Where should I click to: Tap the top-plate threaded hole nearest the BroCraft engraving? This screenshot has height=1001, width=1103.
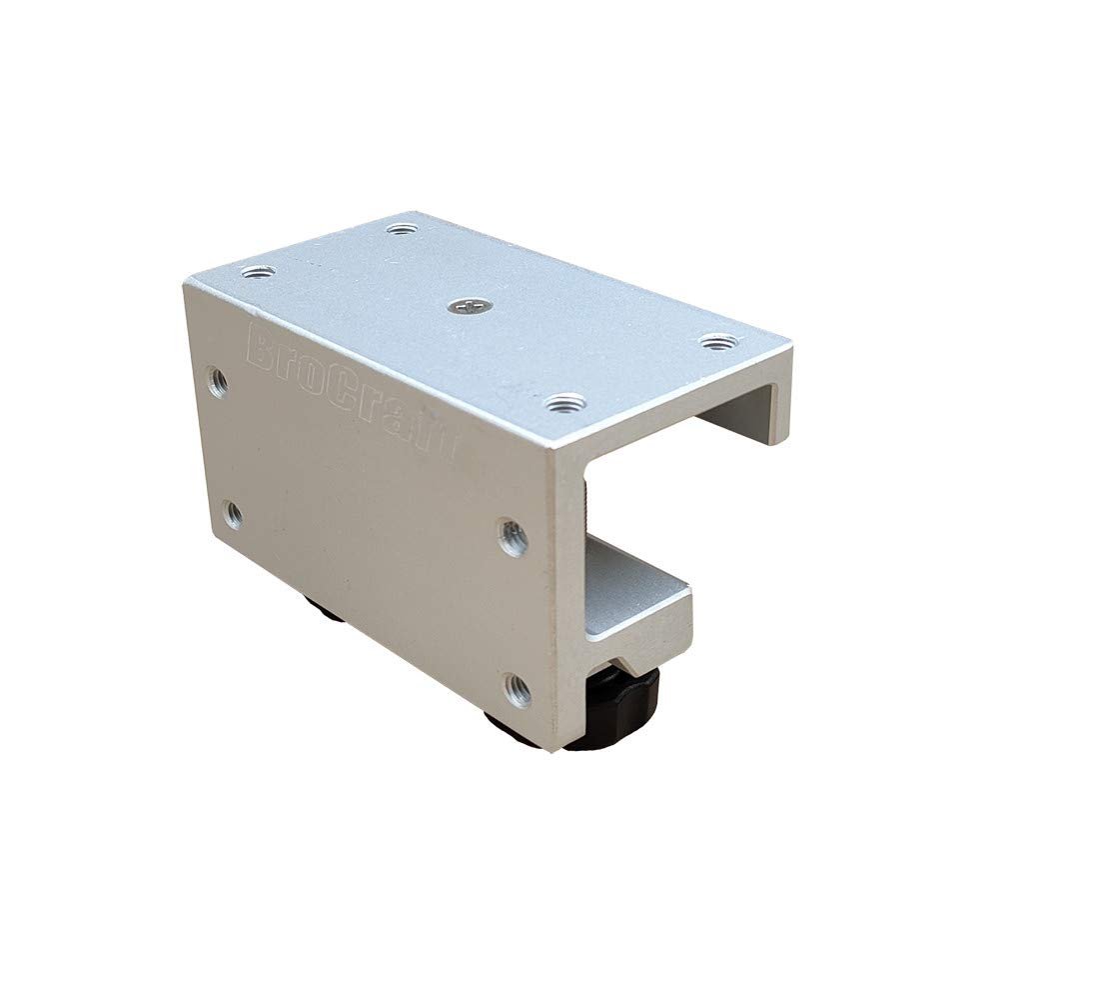258,271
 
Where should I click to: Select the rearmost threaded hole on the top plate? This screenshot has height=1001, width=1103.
401,229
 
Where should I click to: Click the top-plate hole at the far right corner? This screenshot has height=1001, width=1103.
713,343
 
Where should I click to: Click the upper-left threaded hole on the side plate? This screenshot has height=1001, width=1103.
217,380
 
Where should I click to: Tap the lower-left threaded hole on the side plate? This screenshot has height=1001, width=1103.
232,515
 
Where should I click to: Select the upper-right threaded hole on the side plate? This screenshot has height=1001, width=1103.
513,537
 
